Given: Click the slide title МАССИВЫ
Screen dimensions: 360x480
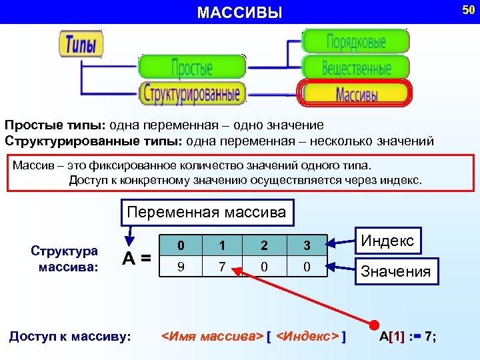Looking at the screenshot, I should pos(240,12).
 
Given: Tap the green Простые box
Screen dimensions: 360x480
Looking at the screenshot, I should pos(192,67).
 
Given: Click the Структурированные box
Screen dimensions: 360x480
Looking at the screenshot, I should pos(192,92).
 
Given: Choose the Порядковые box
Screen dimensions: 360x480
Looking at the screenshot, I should pos(356,41).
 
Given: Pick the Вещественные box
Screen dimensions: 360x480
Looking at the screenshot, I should pos(356,67).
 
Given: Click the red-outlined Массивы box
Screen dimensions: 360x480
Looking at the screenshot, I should pos(356,93).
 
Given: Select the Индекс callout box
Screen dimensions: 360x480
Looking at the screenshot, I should pos(387,241).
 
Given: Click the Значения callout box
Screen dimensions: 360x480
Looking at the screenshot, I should pos(396,271).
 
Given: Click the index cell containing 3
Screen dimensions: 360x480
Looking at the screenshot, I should pos(307,245).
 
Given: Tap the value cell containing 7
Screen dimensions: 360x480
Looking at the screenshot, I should pos(223,267).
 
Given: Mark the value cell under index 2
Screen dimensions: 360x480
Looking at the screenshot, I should pos(265,267).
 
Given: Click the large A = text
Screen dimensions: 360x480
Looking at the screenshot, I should pos(136,257).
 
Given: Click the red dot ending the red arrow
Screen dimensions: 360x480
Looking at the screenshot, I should pos(375,320).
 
